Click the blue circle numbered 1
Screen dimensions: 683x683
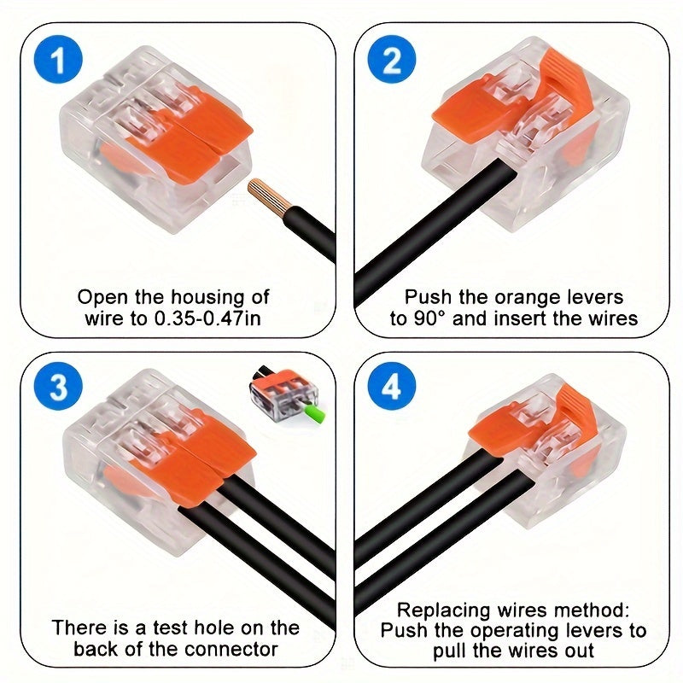pyautogui.click(x=58, y=61)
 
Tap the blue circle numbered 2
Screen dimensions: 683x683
pyautogui.click(x=392, y=61)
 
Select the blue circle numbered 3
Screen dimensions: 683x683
pyautogui.click(x=58, y=388)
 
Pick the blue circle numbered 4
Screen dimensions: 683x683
pyautogui.click(x=392, y=388)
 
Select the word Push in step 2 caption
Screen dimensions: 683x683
pyautogui.click(x=427, y=297)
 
